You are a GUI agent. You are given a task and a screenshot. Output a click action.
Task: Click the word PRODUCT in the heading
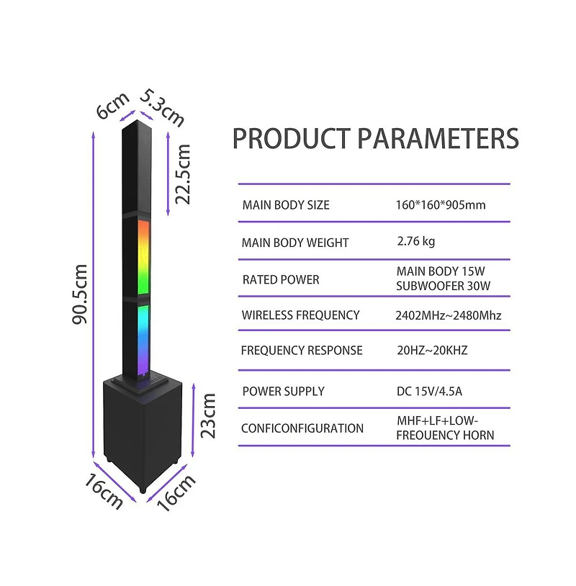(292, 138)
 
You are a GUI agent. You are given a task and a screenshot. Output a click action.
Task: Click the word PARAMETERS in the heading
(438, 138)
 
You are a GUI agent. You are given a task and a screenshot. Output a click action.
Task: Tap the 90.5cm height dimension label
(80, 294)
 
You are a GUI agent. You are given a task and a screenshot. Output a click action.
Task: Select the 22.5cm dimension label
(183, 174)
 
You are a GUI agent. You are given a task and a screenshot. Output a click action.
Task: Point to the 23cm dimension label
(208, 415)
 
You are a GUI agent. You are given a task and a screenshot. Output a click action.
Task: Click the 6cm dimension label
(112, 105)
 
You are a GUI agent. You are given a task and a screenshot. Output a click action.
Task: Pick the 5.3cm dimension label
(162, 108)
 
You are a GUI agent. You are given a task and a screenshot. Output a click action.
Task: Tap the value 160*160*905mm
(441, 204)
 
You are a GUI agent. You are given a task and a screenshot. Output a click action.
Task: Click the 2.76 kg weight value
(416, 241)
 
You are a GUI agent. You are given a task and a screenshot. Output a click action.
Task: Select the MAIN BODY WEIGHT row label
(295, 243)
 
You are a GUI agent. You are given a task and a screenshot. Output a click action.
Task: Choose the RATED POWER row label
(281, 279)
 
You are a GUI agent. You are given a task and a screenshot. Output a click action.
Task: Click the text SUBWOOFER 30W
(443, 286)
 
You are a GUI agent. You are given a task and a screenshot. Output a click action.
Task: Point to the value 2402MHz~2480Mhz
(448, 315)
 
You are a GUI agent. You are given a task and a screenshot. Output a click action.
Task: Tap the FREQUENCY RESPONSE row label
(302, 350)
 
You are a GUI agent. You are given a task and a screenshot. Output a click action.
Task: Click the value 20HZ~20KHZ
(432, 350)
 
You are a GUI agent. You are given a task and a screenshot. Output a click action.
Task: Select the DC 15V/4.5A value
(429, 392)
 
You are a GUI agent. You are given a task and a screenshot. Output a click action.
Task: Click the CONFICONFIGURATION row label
(302, 428)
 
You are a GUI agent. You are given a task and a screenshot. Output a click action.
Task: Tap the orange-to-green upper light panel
(143, 257)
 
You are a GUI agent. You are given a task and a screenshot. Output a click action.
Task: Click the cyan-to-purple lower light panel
(143, 339)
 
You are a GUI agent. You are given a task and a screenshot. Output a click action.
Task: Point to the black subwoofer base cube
(143, 433)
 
